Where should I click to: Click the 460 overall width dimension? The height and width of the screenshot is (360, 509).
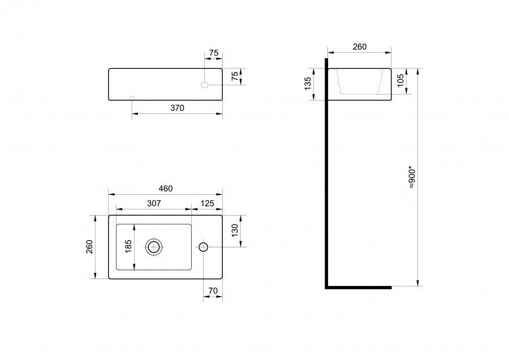pyautogui.click(x=166, y=188)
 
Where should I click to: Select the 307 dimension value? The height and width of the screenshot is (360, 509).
pyautogui.click(x=154, y=203)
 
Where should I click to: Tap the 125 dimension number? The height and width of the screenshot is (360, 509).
pyautogui.click(x=207, y=203)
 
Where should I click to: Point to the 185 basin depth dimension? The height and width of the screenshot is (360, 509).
pyautogui.click(x=128, y=247)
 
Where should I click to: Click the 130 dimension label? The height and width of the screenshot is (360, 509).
pyautogui.click(x=235, y=230)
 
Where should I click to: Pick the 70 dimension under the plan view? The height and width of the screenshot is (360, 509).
pyautogui.click(x=213, y=291)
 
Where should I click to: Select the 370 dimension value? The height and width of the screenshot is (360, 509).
pyautogui.click(x=177, y=108)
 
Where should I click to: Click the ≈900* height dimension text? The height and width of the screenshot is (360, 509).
pyautogui.click(x=412, y=178)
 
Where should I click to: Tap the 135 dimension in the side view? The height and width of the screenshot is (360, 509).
pyautogui.click(x=308, y=84)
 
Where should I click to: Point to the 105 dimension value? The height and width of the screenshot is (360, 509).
pyautogui.click(x=400, y=80)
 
